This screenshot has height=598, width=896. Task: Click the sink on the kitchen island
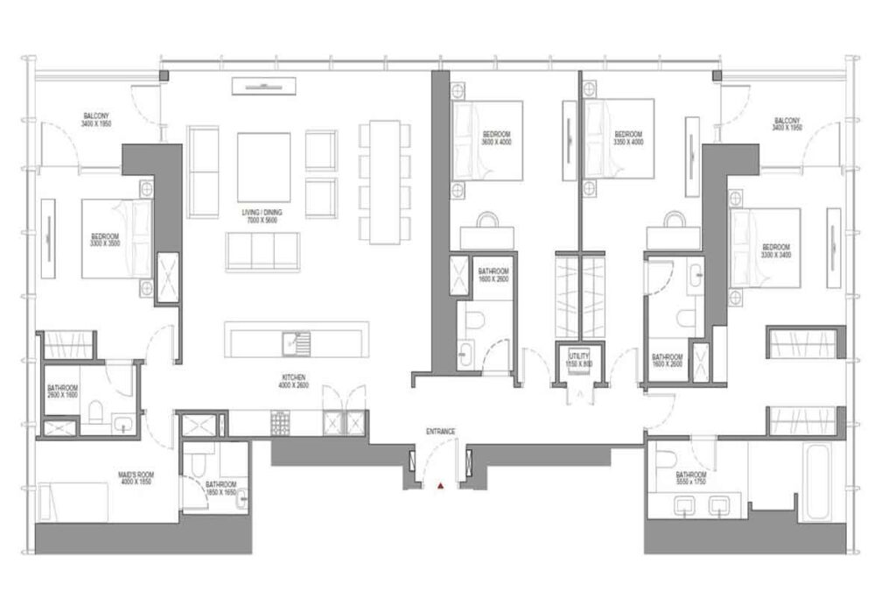click(295, 341)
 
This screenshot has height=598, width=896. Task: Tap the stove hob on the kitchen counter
click(281, 424)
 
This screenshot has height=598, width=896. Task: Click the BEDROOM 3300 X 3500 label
click(105, 240)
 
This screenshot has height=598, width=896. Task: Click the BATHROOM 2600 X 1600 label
click(63, 392)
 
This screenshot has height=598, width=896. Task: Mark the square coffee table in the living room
click(263, 166)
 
